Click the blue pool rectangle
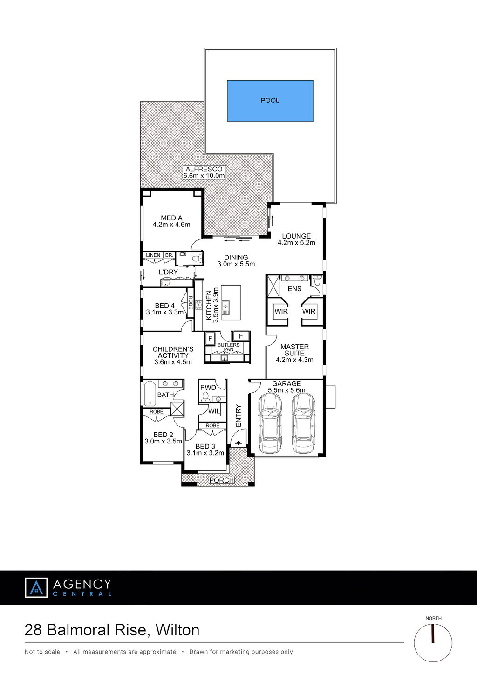pos(270,101)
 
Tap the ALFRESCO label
pos(204,169)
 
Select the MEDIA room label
pos(171,218)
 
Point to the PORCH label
pos(221,480)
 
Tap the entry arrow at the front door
pos(238,443)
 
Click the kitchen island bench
pos(231,302)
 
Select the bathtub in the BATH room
pos(150,393)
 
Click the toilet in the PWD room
pos(205,397)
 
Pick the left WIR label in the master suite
pos(281,311)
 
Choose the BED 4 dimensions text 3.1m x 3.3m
pos(165,312)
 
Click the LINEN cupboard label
pos(153,255)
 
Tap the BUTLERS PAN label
pos(228,347)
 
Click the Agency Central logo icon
pos(36,587)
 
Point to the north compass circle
pos(433,643)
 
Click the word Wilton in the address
pos(177,630)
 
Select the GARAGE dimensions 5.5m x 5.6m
pos(286,390)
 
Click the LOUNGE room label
pos(296,236)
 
